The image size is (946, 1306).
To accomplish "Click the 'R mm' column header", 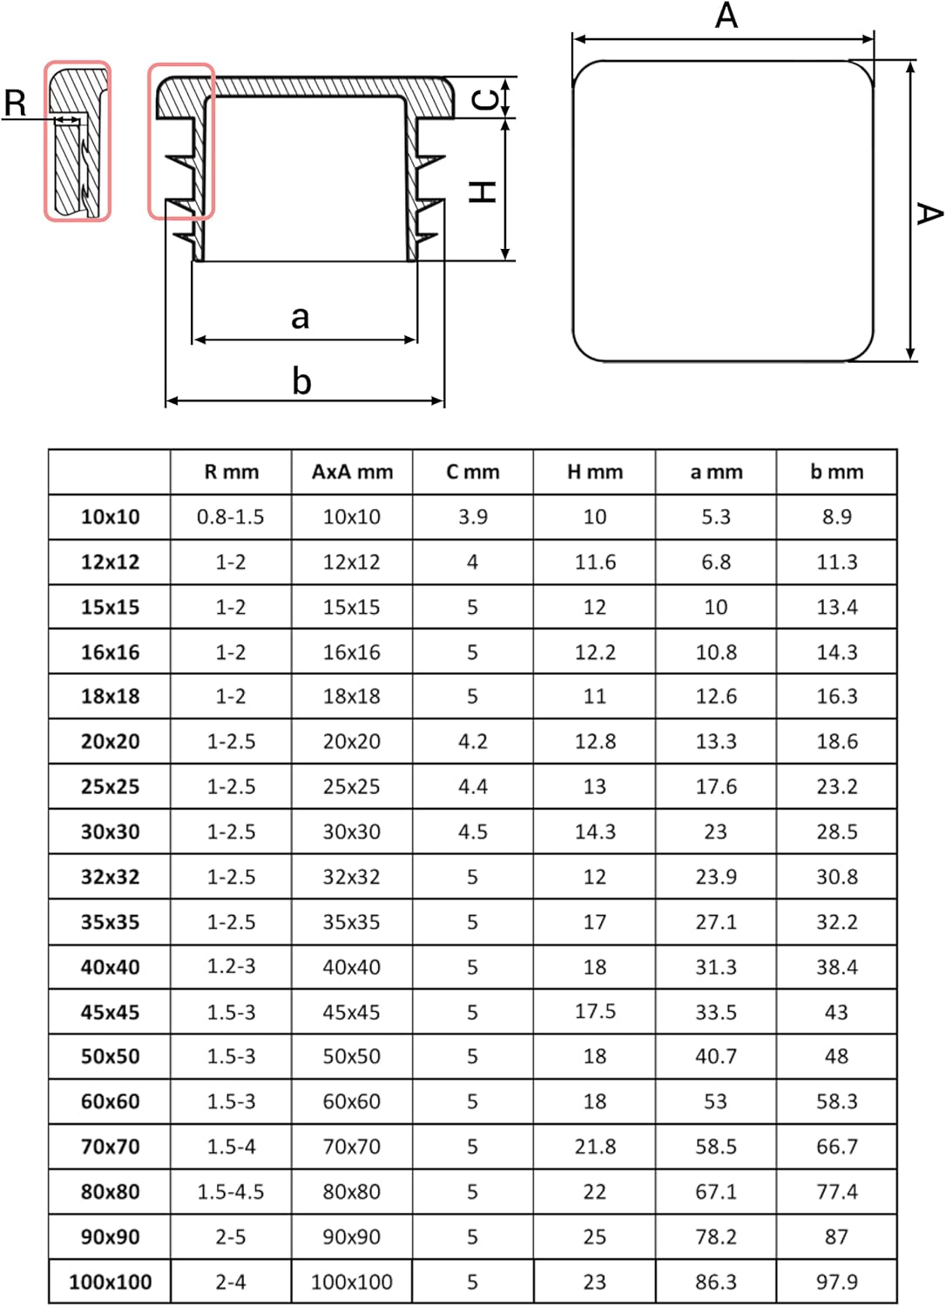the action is (232, 472).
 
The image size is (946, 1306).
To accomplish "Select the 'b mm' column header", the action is (837, 472).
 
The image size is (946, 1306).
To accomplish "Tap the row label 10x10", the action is (111, 516).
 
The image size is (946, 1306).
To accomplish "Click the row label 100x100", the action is (111, 1282).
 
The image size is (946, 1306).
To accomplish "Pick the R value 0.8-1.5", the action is (230, 516).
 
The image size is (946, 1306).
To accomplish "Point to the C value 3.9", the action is (473, 516).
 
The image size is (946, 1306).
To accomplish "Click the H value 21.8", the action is (595, 1147).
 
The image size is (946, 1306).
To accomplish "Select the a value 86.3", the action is (716, 1282).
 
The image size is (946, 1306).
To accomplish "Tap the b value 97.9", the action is (837, 1282).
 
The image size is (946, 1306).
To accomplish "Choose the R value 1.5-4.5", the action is (230, 1192).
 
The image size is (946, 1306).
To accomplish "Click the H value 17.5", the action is (595, 1012).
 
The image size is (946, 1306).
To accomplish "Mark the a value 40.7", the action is (716, 1056).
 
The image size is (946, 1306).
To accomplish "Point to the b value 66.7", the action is (837, 1147).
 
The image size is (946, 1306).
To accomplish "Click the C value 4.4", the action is (473, 786).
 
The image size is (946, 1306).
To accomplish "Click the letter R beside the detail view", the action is (15, 104).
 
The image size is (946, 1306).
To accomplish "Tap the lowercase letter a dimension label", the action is (300, 318).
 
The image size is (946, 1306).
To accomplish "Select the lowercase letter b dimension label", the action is (301, 381).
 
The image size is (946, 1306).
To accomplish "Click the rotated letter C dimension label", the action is (484, 100).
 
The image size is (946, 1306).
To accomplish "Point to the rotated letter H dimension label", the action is (483, 192).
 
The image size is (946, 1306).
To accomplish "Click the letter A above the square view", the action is (726, 15).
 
